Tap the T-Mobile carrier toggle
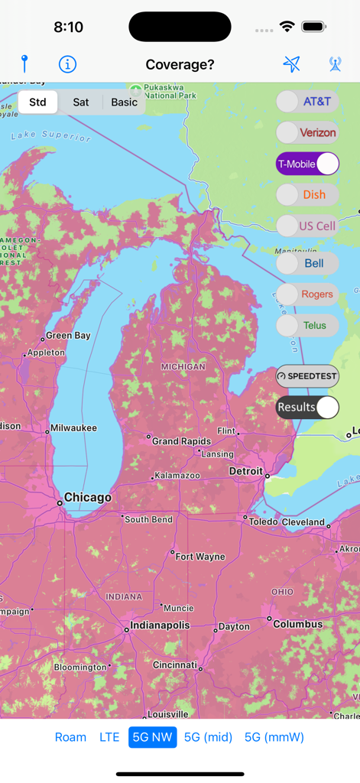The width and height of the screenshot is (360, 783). [x=307, y=164]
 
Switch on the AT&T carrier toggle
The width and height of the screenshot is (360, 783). [x=307, y=101]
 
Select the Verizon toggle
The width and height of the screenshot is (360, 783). [x=307, y=132]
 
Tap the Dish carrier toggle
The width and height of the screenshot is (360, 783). [x=307, y=194]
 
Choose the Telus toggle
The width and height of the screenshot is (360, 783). [x=307, y=325]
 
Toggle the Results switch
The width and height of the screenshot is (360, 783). [x=307, y=407]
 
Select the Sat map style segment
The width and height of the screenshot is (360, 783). [x=80, y=102]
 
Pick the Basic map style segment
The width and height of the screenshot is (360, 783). [x=124, y=102]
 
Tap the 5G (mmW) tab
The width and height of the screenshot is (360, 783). [x=274, y=737]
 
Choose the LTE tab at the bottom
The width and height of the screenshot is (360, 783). [x=109, y=737]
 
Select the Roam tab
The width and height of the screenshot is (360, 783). [x=70, y=737]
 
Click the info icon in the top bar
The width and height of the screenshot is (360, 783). [x=67, y=64]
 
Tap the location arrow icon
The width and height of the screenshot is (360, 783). [x=291, y=64]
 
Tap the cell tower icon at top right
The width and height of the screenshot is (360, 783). [x=335, y=64]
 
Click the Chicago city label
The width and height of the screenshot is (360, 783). [x=87, y=498]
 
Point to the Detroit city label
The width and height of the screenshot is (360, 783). [x=246, y=472]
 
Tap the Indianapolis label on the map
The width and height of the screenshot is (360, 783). [x=159, y=625]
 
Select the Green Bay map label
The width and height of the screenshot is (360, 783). [x=68, y=336]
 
